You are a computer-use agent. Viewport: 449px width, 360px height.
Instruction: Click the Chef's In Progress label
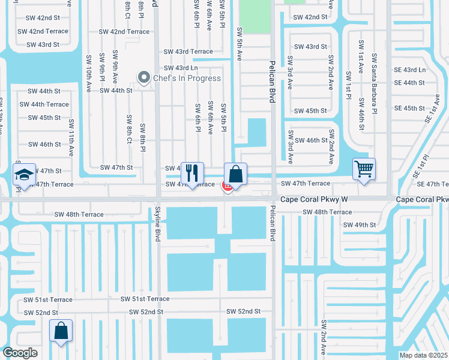point(187,78)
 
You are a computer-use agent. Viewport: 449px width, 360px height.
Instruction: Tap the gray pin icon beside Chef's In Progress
point(143,77)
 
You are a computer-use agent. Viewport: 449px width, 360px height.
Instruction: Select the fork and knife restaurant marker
point(192,173)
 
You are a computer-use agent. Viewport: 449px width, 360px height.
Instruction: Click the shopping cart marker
point(364,169)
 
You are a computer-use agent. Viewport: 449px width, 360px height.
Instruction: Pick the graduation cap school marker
point(24,174)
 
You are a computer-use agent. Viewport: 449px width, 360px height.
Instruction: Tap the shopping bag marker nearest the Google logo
point(61,331)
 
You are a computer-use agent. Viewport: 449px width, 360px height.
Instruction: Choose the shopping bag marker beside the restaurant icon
point(236,174)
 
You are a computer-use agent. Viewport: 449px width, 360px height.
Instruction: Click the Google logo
point(20,353)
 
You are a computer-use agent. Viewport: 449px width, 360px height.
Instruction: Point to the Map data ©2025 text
point(423,355)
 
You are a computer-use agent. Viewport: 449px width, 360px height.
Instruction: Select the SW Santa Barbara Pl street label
point(374,83)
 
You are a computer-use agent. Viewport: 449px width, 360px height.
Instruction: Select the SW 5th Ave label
point(240,44)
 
